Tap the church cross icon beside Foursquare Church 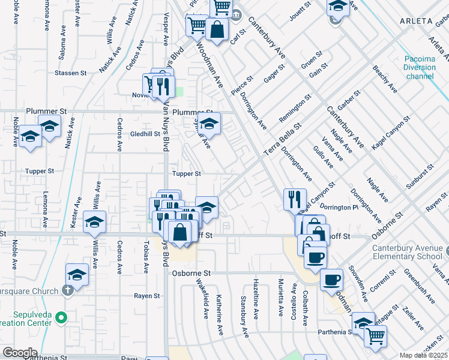pos(68,291)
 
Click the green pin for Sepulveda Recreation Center pos(60,317)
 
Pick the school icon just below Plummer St pos(208,124)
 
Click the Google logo pos(19,353)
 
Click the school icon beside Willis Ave pos(94,223)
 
